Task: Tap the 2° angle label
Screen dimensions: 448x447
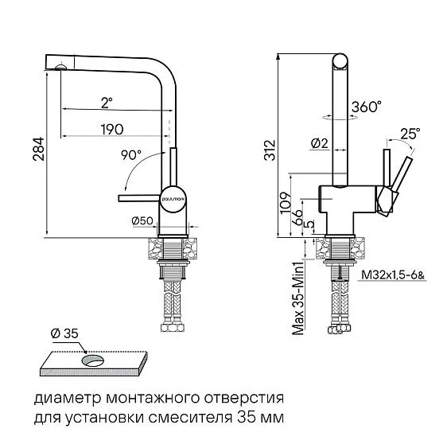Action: click(x=107, y=101)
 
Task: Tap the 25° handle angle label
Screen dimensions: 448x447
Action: click(x=410, y=134)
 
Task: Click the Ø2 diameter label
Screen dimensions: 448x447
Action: click(x=318, y=144)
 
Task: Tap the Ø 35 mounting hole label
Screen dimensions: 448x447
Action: click(x=63, y=332)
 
